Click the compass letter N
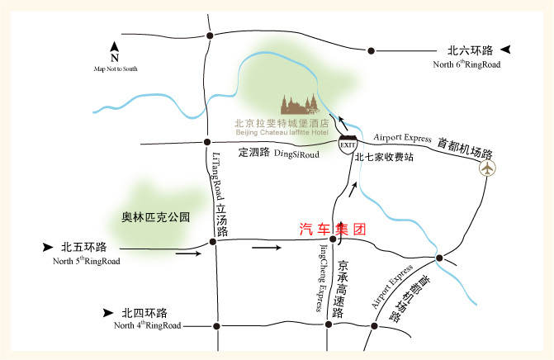(115, 58)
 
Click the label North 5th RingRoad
(86, 262)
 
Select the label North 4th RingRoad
(148, 325)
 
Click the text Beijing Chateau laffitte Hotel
(282, 132)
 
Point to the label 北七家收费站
(384, 157)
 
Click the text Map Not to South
(115, 69)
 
